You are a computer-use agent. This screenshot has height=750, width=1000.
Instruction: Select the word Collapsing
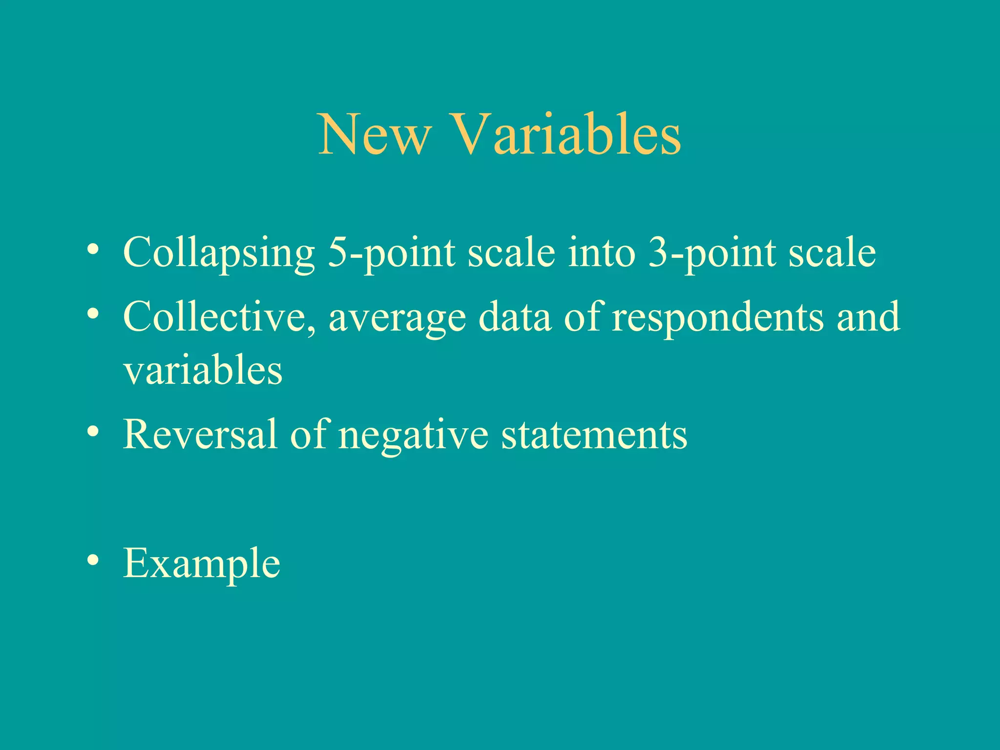[219, 253]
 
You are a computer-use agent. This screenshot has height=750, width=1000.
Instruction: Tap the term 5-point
[391, 253]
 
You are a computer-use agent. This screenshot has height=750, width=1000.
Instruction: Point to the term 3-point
[712, 253]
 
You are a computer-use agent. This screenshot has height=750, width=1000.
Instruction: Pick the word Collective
[219, 317]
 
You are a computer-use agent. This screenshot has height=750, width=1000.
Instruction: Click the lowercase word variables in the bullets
[203, 370]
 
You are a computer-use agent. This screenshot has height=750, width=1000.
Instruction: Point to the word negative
[413, 435]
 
